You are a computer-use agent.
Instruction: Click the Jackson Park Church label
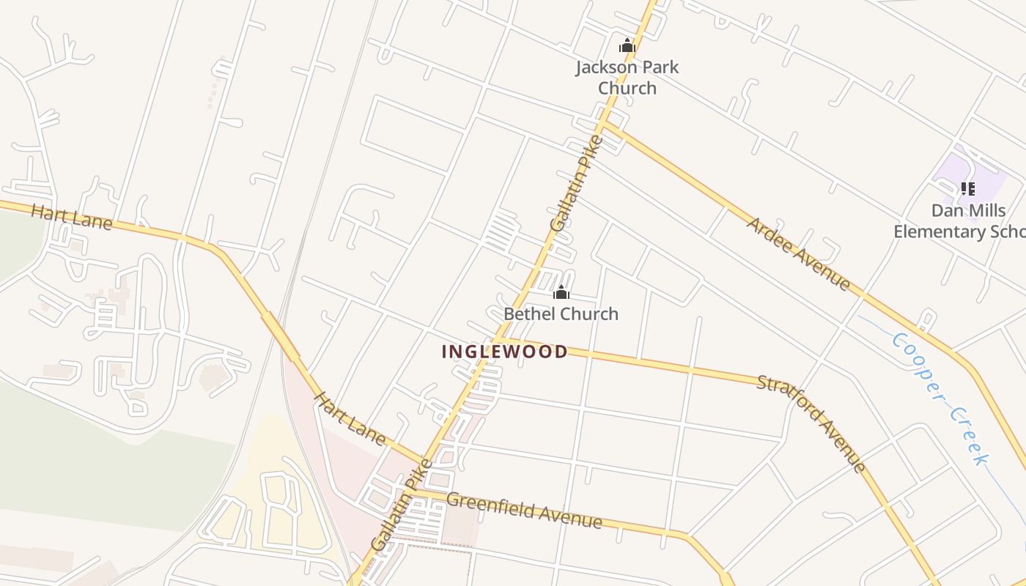coord(627,78)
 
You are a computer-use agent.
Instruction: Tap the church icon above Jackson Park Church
coord(627,45)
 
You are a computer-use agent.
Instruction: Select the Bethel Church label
coord(561,314)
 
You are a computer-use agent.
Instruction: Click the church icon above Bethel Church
coord(561,293)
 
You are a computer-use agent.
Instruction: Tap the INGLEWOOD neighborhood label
coord(505,352)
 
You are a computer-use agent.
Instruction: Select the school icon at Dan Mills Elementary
coord(968,189)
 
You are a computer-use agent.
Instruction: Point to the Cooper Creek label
coord(940,398)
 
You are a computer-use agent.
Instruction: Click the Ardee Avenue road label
coord(799,253)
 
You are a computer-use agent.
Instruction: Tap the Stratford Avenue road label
coord(812,423)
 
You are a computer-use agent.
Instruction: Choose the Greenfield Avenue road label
coord(524,511)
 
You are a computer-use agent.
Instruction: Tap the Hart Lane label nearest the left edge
coord(72,217)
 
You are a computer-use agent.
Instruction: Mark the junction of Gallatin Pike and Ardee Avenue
coord(603,122)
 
